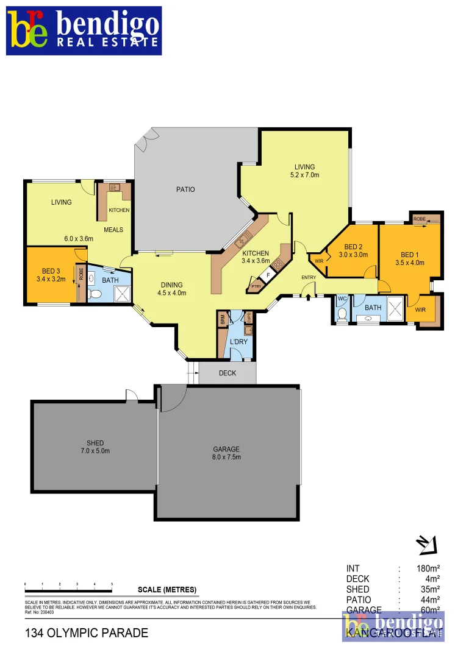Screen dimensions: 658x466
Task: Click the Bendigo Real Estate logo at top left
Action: click(84, 30)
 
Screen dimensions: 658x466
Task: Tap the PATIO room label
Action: click(185, 189)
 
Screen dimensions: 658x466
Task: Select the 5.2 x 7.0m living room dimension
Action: click(304, 175)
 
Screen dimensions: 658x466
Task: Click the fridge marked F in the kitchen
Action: click(268, 275)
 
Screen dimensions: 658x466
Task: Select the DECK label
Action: click(228, 373)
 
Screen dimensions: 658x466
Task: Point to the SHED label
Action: click(95, 443)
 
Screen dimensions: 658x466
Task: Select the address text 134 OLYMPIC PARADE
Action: click(87, 633)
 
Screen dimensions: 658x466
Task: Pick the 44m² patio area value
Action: click(430, 600)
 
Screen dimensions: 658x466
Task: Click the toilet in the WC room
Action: click(342, 314)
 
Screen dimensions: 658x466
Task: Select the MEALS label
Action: click(113, 230)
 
